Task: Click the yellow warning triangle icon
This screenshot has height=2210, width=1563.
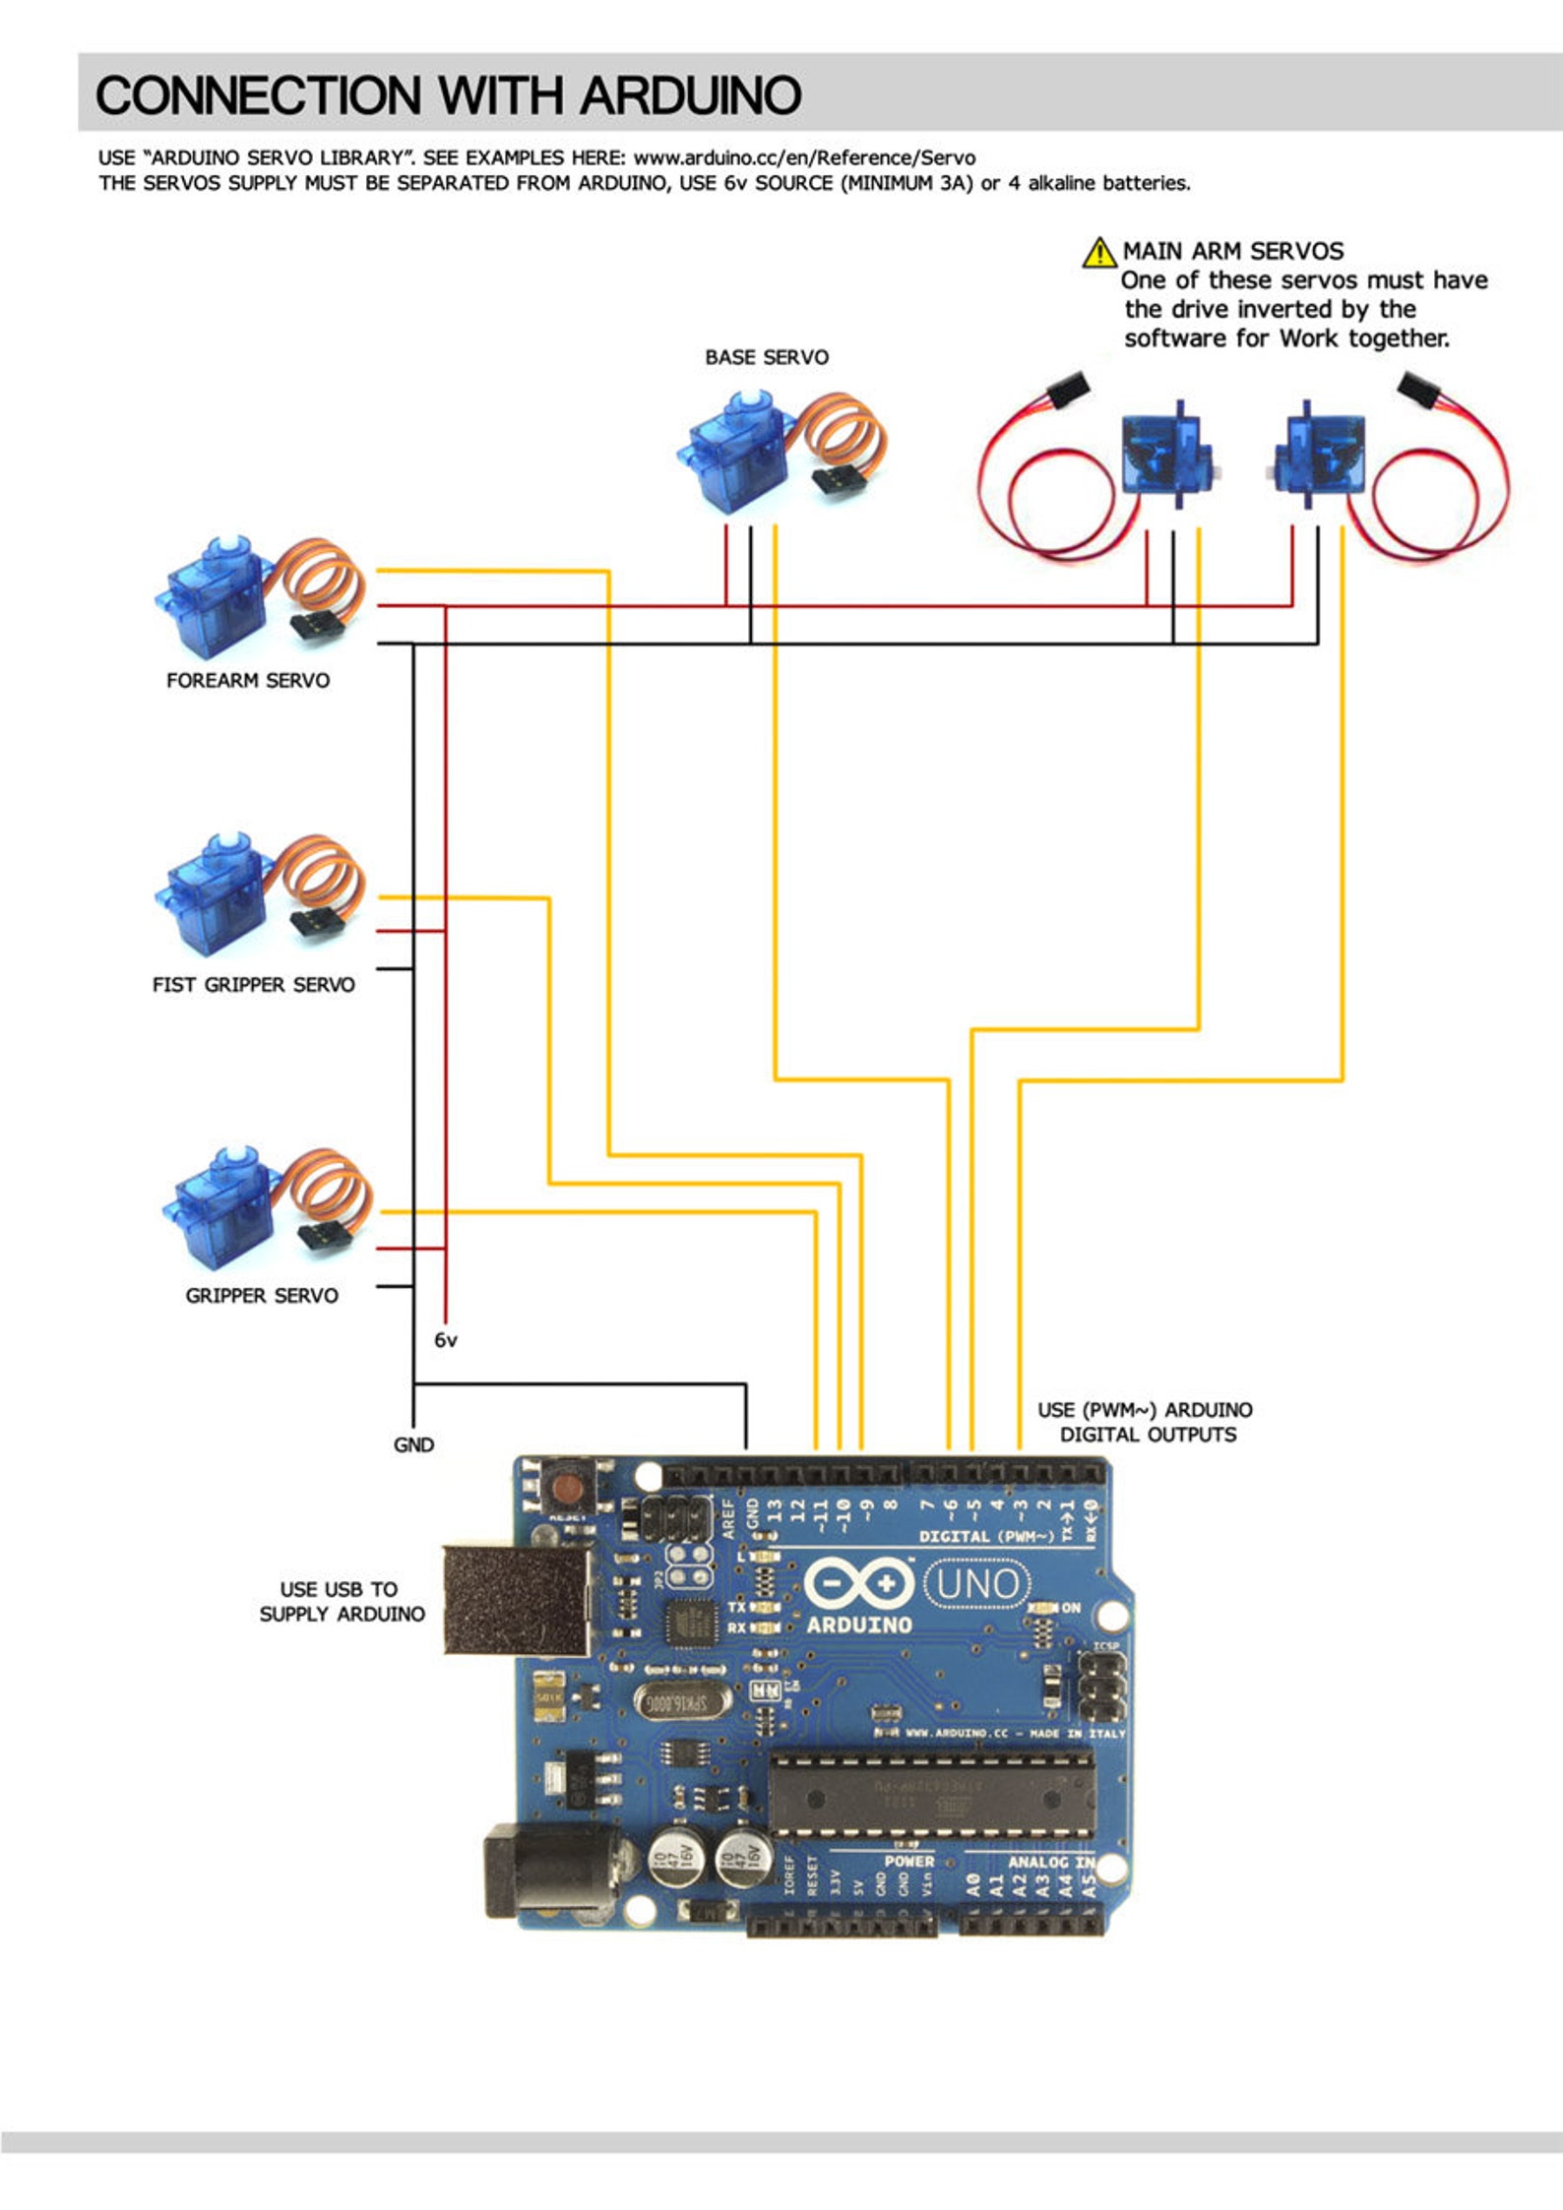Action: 1098,253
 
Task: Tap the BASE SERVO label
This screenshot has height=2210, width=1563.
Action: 766,357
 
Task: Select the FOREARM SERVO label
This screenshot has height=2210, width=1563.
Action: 248,680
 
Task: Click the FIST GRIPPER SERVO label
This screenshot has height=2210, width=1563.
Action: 253,984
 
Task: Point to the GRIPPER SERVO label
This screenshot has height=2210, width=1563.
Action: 262,1295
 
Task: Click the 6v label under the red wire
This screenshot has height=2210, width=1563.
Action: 445,1340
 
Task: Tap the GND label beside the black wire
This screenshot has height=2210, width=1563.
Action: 413,1444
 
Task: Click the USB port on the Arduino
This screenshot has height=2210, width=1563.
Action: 516,1600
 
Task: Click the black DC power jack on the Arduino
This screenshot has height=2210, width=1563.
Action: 547,1871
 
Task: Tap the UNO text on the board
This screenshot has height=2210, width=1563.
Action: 976,1584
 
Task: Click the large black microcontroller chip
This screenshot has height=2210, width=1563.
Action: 930,1797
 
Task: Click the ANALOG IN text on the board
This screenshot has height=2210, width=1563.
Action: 1050,1862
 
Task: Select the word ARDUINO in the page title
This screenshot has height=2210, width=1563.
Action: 690,95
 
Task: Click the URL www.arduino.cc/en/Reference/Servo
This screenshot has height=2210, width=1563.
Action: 804,157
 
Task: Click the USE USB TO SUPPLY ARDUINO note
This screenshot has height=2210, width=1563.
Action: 342,1601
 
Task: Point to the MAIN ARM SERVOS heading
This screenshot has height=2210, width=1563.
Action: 1232,251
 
